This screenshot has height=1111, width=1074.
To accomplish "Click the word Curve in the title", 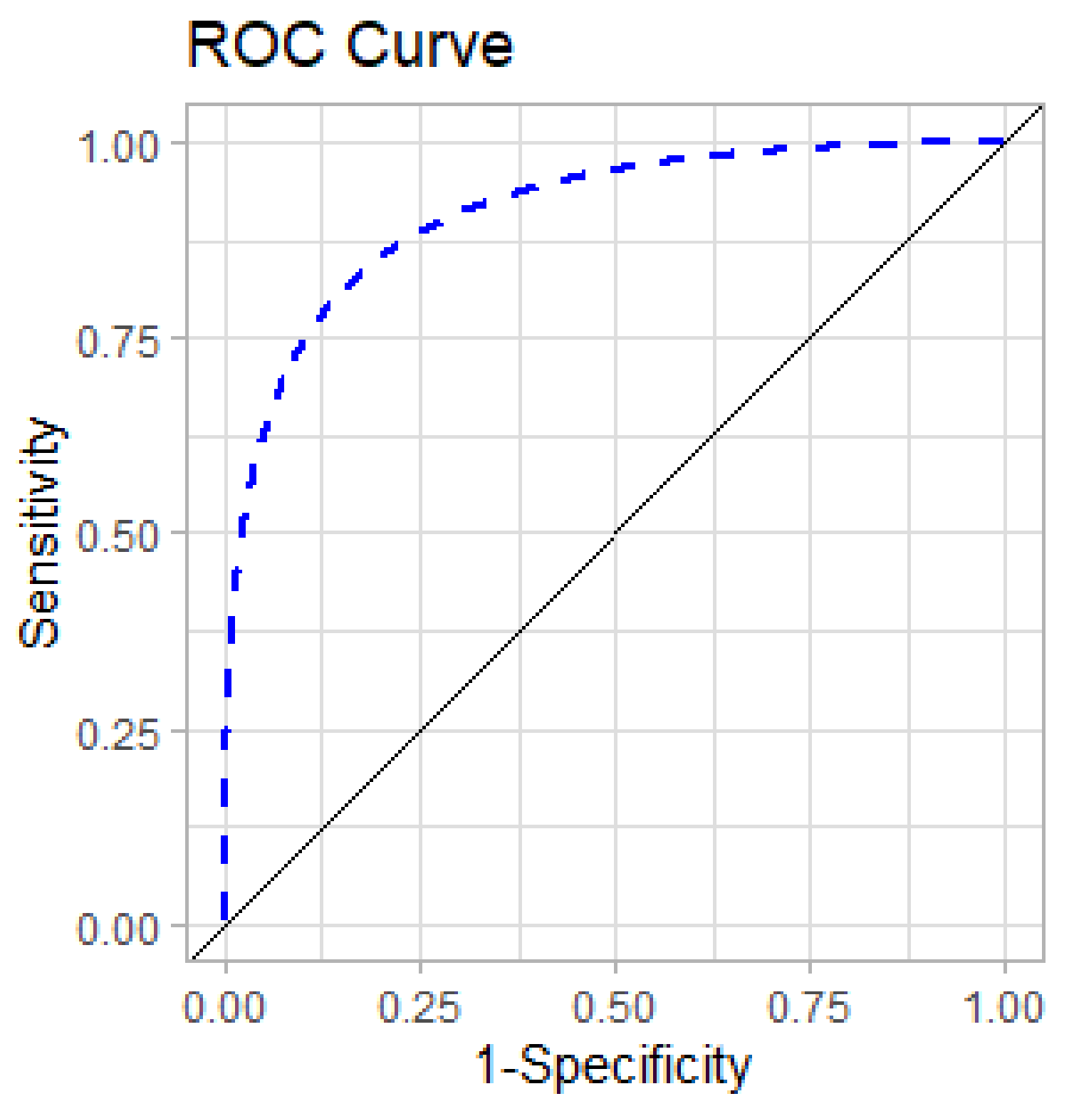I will tap(429, 45).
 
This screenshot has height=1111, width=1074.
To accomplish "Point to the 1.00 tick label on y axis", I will tap(118, 147).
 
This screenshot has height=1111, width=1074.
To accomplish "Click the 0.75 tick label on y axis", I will tap(118, 341).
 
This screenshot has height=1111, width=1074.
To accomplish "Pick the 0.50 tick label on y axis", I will tap(118, 536).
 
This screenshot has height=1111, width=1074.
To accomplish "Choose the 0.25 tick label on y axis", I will tap(118, 733).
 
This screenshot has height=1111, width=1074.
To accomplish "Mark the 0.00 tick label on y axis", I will tap(118, 928).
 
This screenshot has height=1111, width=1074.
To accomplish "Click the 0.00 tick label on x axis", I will tap(225, 1007).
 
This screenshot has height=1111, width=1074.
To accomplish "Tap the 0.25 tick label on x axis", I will tap(420, 1007).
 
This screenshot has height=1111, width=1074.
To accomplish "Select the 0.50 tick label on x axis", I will tap(615, 1007).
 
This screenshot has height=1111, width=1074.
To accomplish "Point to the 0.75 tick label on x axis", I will tap(810, 1007).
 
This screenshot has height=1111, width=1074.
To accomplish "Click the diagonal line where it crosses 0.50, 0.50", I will tap(615, 533).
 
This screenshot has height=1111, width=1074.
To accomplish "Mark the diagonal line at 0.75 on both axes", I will tap(810, 338).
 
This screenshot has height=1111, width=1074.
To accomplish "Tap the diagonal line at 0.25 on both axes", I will tap(421, 730).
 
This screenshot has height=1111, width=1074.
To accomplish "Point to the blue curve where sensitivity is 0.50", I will tap(242, 533).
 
